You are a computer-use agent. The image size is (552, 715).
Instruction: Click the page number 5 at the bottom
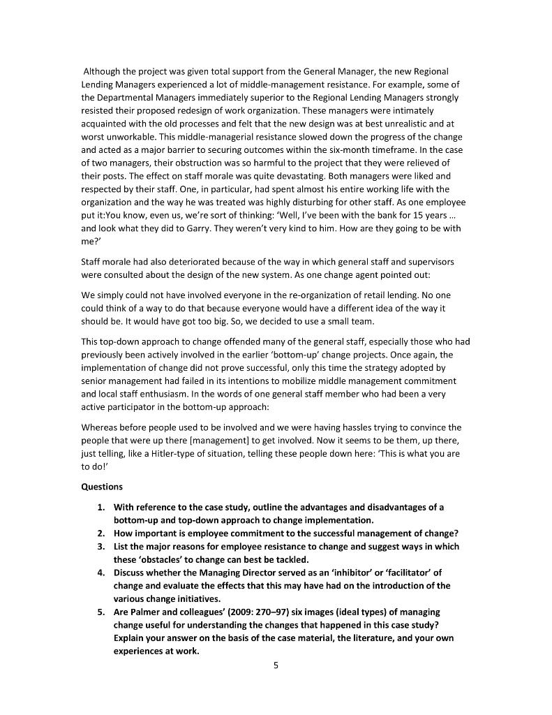276,665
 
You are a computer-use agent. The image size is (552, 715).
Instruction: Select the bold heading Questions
102,487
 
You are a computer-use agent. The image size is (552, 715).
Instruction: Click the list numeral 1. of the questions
102,507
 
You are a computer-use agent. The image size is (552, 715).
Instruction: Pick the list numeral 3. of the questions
102,547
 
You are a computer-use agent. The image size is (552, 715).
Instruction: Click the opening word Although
103,71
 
